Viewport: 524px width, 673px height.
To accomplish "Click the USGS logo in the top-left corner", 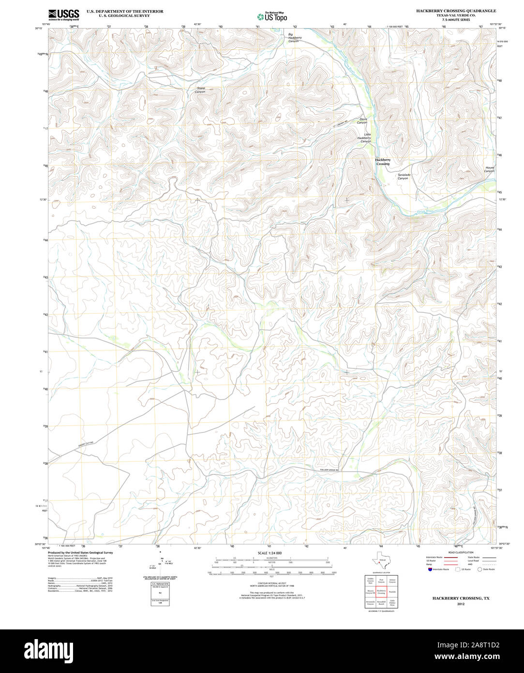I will click(64, 15).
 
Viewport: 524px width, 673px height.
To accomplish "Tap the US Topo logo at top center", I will click(272, 16).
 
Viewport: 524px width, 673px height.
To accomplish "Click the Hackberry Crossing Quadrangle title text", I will click(456, 11).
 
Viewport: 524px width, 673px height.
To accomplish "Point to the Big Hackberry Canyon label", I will click(294, 38).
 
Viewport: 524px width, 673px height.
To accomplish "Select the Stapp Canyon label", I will click(200, 90).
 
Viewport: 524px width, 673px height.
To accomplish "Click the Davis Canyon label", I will click(363, 121).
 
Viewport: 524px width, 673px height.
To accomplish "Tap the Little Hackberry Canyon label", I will click(364, 138).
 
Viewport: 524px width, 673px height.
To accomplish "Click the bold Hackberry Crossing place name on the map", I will click(382, 162).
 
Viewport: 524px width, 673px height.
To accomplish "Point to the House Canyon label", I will click(489, 169).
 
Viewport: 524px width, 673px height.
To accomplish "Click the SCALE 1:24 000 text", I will click(269, 553).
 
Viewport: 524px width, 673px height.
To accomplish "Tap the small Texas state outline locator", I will click(381, 562).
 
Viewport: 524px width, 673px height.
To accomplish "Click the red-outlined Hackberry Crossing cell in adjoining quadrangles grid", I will click(381, 592).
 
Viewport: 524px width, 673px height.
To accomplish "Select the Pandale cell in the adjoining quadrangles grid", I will click(392, 592).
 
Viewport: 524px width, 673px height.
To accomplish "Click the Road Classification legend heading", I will click(461, 552).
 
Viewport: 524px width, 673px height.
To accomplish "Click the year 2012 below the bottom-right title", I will click(460, 604).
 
